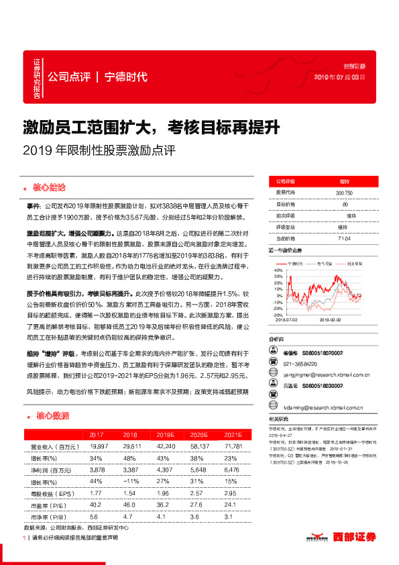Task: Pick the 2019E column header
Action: (x=155, y=435)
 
